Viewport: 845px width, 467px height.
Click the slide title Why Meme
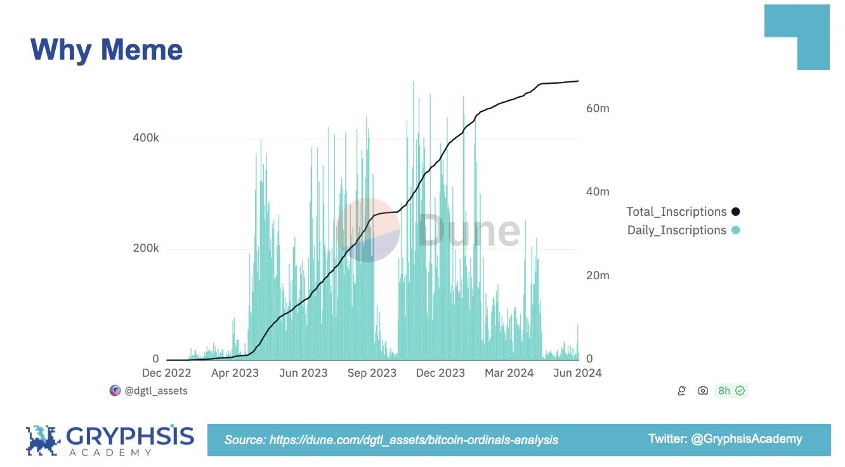tap(107, 49)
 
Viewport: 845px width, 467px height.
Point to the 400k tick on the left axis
tap(146, 138)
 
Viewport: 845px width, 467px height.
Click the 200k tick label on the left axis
tap(146, 248)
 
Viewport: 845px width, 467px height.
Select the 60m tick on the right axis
tap(598, 109)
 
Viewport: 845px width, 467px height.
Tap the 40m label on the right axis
tap(598, 192)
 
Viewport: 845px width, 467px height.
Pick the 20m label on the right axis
tap(598, 275)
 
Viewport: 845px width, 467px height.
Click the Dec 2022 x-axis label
tap(167, 373)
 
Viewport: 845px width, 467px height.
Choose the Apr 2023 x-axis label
tap(235, 373)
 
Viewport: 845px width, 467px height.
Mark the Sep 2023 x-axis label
tap(372, 373)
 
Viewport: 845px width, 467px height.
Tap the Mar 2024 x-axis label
tap(509, 373)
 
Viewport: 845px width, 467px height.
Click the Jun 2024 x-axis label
tap(577, 373)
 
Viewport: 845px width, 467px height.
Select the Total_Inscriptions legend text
tap(676, 212)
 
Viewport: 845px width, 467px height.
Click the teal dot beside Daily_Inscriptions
tap(736, 230)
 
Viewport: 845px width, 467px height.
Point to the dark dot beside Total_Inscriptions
tap(736, 212)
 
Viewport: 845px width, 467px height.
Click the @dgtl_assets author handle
tap(156, 391)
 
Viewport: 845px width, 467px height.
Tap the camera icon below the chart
tap(703, 391)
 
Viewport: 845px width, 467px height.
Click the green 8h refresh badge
tap(731, 391)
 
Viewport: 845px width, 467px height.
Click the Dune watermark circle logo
tap(368, 230)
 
